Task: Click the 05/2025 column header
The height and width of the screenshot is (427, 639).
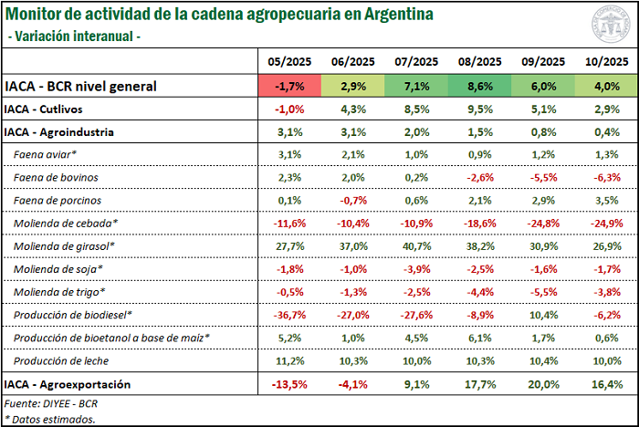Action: click(x=289, y=61)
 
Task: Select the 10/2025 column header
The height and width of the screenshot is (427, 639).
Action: click(x=603, y=61)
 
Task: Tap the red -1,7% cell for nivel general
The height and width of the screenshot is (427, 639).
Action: click(x=289, y=86)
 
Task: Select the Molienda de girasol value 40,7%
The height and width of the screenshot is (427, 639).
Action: click(x=415, y=245)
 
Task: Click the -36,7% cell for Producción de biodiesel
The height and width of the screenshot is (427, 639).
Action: click(x=289, y=314)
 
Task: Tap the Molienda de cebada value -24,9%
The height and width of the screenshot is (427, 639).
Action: click(x=603, y=223)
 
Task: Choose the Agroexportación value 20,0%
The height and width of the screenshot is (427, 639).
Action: click(x=542, y=384)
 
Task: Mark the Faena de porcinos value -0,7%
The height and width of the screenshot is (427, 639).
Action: click(x=352, y=200)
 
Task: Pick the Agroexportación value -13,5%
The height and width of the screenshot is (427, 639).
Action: click(x=289, y=384)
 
